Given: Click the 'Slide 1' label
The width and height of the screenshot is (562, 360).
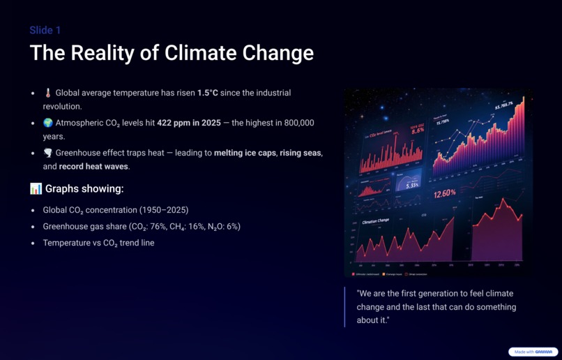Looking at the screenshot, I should [45, 30].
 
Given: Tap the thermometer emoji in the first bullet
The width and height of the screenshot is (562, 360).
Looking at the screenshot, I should [48, 93].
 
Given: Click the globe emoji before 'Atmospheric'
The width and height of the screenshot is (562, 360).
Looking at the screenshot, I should [48, 123].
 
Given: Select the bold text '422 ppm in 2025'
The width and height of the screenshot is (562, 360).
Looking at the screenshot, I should [188, 123].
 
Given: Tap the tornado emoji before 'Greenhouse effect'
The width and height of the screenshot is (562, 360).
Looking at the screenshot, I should [48, 153].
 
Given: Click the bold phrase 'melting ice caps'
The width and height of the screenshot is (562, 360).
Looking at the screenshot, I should [244, 153].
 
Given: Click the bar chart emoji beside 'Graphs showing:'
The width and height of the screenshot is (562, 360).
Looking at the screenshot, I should [36, 189].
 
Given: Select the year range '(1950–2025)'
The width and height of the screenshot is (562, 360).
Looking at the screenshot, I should [164, 210].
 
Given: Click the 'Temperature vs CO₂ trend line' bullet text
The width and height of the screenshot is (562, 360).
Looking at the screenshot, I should [98, 243].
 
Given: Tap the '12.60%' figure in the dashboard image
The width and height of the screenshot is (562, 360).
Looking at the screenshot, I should [444, 193].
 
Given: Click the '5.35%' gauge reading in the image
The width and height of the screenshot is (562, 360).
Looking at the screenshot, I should [412, 185].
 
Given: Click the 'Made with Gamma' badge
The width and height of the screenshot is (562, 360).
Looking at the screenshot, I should [533, 352].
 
